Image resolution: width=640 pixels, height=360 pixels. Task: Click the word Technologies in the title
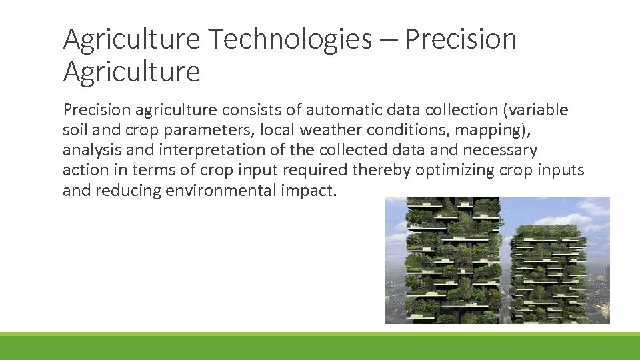290,39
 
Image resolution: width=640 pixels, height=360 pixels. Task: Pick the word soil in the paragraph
75,129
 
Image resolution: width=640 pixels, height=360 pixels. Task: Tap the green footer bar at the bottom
320,347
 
